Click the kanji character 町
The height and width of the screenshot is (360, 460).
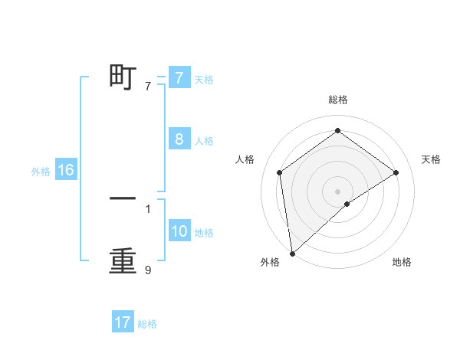(123, 77)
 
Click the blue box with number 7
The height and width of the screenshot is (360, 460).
(179, 77)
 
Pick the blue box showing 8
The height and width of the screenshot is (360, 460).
(179, 139)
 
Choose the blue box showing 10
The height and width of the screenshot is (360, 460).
(179, 231)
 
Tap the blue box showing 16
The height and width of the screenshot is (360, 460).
(65, 170)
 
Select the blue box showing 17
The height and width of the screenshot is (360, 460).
(123, 322)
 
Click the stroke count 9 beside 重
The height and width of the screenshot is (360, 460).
(148, 270)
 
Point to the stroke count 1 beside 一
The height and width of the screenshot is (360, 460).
(148, 208)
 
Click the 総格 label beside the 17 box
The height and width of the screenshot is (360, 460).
(147, 324)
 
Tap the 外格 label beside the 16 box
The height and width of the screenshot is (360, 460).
(41, 172)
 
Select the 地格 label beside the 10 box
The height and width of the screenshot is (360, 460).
(204, 233)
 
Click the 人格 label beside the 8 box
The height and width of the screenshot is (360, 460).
(204, 141)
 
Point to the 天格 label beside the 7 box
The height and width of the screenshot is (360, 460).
(204, 79)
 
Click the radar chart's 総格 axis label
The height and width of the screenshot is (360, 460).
(337, 100)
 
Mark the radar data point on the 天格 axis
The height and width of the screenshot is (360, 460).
(396, 172)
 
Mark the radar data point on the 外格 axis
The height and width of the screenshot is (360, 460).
(291, 254)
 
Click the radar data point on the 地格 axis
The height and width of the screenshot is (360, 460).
(347, 204)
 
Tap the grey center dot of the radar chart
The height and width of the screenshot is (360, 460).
(337, 191)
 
